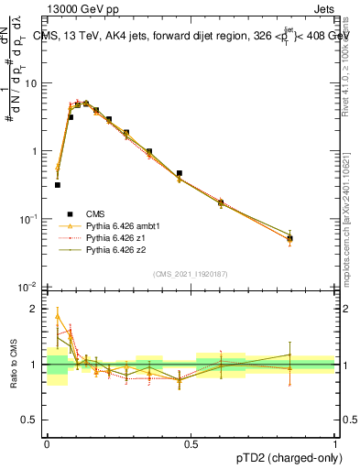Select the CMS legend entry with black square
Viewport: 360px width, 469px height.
82,213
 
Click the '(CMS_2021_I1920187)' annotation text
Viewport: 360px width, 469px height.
191,273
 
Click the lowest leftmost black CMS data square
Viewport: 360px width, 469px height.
58,185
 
